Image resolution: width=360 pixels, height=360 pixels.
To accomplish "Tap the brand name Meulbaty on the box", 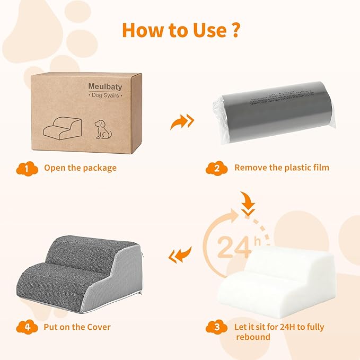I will coord(105,86).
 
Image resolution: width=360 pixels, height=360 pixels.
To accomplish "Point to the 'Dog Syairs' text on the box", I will coord(105,96).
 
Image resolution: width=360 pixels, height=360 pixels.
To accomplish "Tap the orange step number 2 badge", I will coord(216,168).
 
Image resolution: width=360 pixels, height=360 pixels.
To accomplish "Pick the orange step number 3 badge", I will coord(216,327).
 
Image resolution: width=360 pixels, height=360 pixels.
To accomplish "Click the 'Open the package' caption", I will coord(80,168).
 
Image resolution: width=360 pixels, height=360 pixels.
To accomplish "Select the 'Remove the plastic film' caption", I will coord(282,168).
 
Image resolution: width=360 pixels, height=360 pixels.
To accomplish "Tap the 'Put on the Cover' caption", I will coord(77,327).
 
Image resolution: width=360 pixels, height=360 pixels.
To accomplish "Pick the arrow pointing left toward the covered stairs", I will coord(179,257).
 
